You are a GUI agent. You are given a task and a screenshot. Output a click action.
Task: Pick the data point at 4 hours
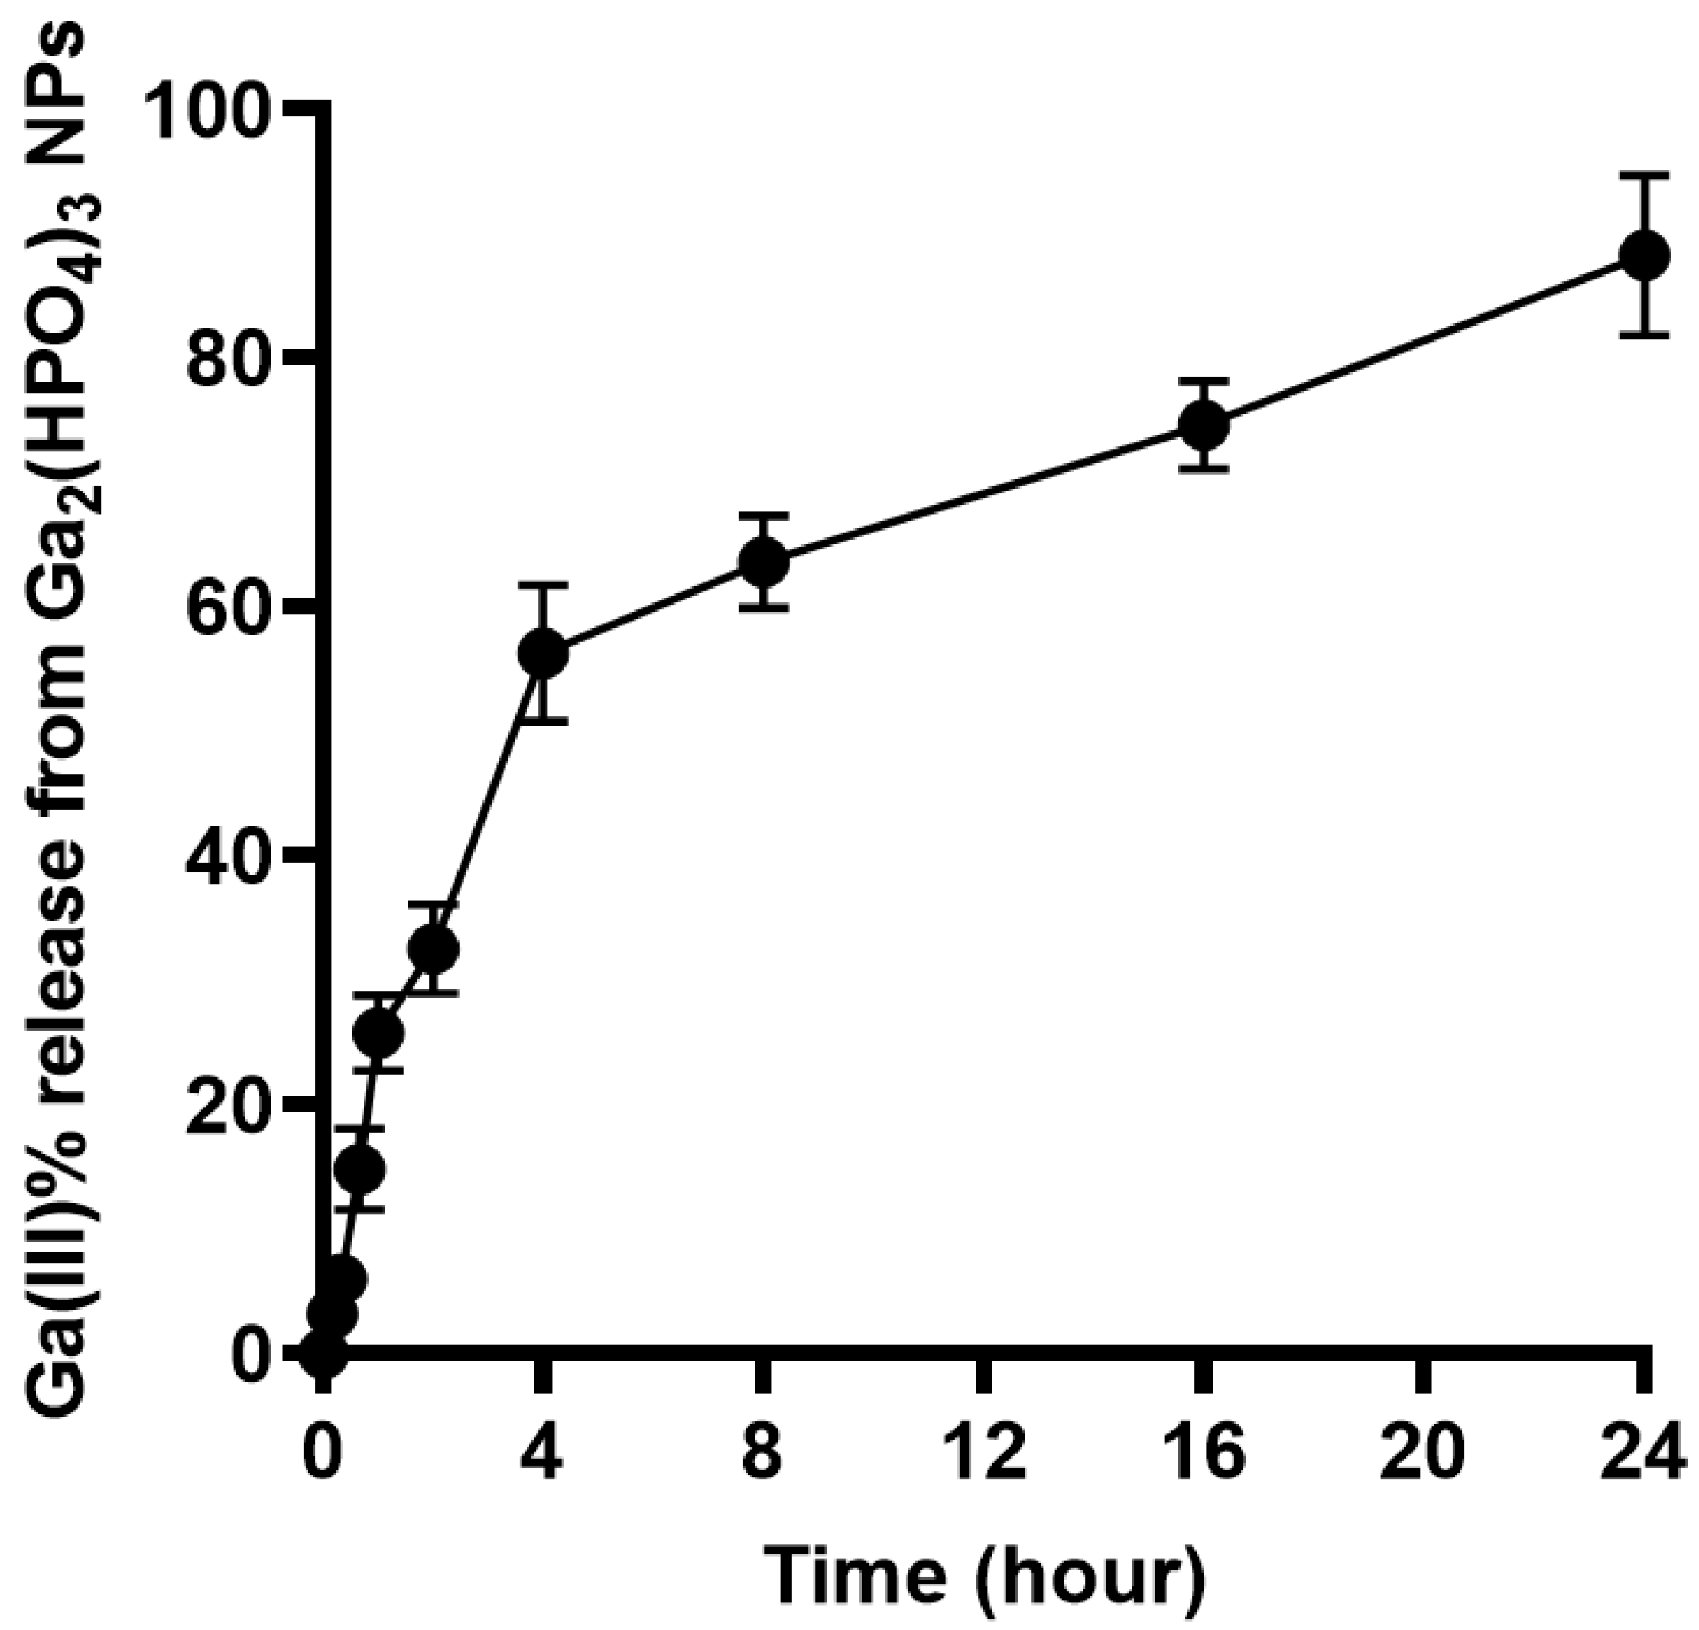click(x=544, y=654)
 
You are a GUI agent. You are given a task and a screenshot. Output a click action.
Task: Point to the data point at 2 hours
click(x=433, y=949)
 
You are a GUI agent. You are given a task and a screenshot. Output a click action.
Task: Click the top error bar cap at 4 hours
click(x=544, y=586)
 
